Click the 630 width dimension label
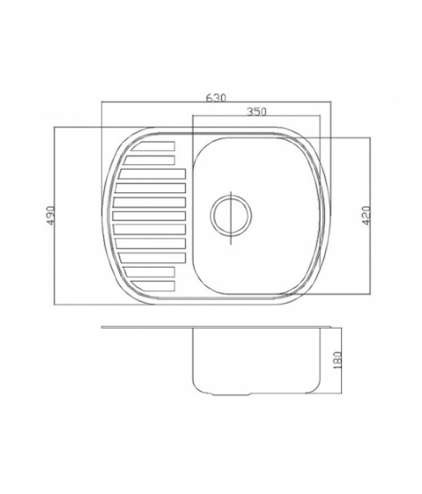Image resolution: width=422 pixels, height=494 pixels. [216, 98]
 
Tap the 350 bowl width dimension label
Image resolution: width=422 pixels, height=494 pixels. [257, 111]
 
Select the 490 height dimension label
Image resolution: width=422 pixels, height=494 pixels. [50, 216]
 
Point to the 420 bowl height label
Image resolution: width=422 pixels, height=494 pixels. [366, 216]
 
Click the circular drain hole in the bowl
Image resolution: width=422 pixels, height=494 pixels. [231, 216]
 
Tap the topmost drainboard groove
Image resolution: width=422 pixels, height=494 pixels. [154, 146]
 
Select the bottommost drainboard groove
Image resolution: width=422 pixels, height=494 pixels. [154, 286]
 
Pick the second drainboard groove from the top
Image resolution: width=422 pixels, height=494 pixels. [149, 160]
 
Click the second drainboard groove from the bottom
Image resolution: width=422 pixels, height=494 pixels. [149, 271]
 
